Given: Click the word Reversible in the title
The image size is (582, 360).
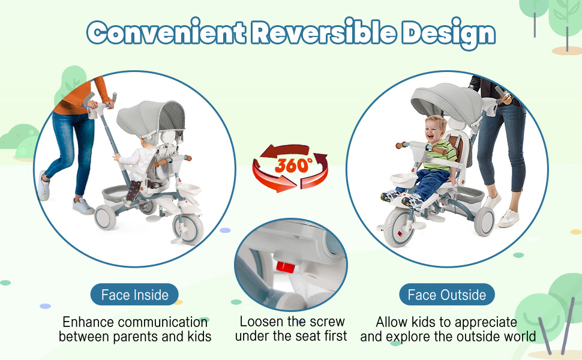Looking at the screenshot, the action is click(323, 32).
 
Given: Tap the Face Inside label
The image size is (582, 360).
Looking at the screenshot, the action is click(134, 295).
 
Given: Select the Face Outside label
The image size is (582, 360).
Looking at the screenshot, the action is click(447, 295).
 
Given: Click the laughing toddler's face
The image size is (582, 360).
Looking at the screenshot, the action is click(434, 130).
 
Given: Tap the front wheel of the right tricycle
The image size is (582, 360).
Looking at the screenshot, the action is click(398, 227).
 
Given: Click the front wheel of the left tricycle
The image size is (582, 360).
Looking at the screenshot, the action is click(188, 228).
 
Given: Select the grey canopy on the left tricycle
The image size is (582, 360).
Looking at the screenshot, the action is click(151, 119).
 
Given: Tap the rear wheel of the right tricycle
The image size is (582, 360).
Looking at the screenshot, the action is click(484, 222).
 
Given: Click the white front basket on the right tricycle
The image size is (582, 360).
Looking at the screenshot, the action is click(403, 181).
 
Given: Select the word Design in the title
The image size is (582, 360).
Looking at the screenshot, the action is click(449, 34).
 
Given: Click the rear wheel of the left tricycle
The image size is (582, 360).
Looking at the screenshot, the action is click(106, 217).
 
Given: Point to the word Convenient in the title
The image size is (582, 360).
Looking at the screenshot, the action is click(166, 32).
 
